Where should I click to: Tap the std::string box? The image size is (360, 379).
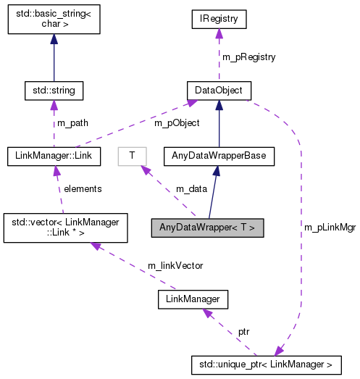(x=54, y=91)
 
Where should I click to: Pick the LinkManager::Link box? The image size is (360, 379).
(x=54, y=155)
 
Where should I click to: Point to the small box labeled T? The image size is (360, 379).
(x=132, y=155)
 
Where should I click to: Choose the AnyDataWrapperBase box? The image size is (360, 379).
(x=219, y=155)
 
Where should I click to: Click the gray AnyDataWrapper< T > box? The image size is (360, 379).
(x=207, y=228)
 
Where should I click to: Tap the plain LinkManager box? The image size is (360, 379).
(x=193, y=298)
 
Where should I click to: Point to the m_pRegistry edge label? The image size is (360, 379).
(x=248, y=56)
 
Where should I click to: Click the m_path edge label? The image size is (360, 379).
(x=72, y=122)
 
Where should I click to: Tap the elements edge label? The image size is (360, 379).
(x=83, y=188)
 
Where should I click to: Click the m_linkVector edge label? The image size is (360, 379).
(x=175, y=265)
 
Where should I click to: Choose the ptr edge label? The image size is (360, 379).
(x=245, y=330)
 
